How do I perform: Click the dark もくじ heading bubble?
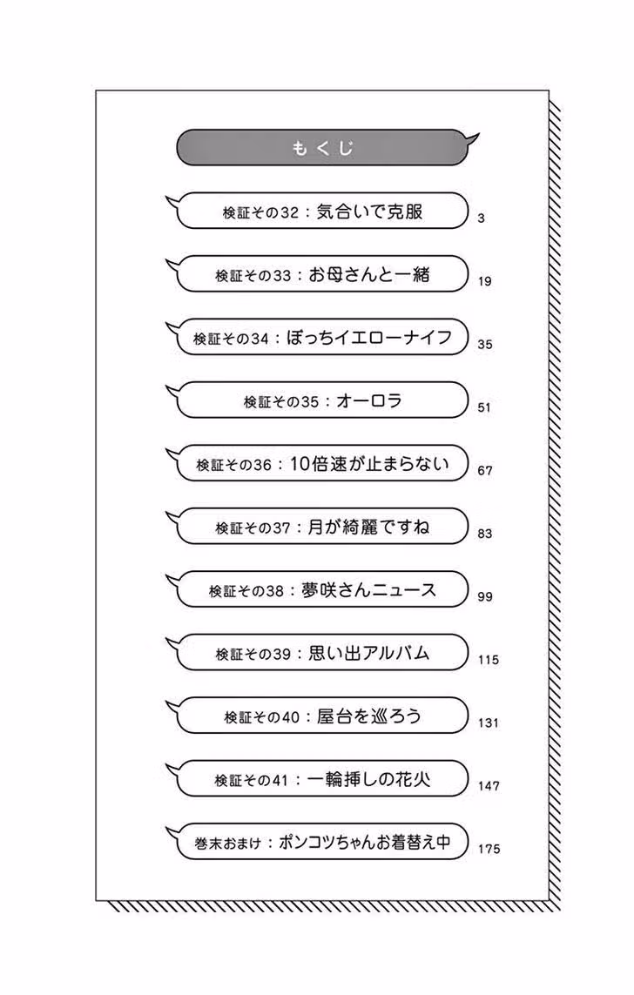325,148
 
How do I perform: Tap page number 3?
481,218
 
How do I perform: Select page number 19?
485,281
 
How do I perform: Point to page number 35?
485,345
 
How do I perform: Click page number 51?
484,407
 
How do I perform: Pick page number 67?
485,471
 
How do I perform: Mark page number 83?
485,534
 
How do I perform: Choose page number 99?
485,596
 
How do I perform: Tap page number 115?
489,660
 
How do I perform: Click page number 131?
489,723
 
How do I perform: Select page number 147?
489,786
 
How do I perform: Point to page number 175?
489,849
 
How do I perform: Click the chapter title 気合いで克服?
369,212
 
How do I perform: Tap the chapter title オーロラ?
368,400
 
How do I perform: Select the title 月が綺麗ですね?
368,527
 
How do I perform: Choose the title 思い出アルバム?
368,653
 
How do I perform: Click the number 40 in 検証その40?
290,717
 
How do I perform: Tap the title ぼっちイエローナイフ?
368,337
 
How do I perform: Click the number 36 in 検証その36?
262,465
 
